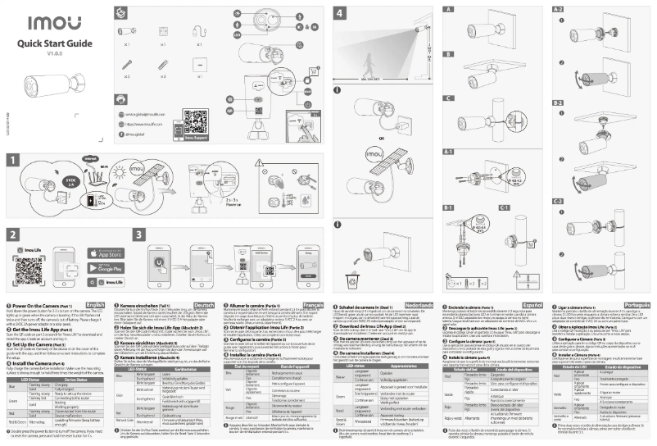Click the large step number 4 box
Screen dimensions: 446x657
tap(341, 14)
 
